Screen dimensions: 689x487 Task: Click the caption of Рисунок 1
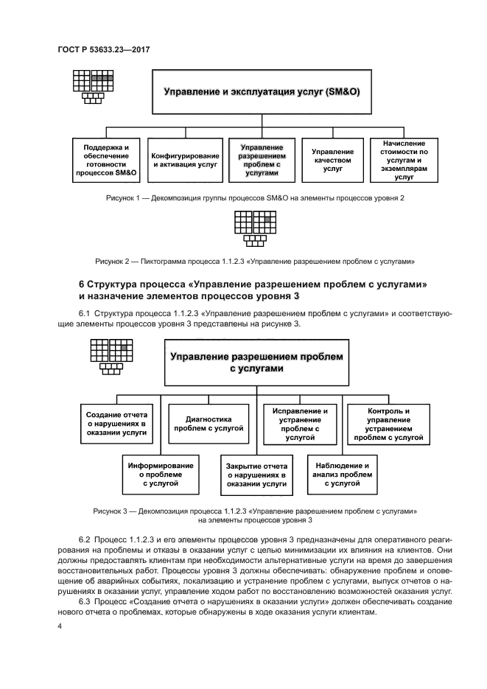pyautogui.click(x=254, y=199)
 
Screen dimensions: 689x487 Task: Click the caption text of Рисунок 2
pyautogui.click(x=255, y=261)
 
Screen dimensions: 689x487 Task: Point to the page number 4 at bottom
pyautogui.click(x=59, y=626)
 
